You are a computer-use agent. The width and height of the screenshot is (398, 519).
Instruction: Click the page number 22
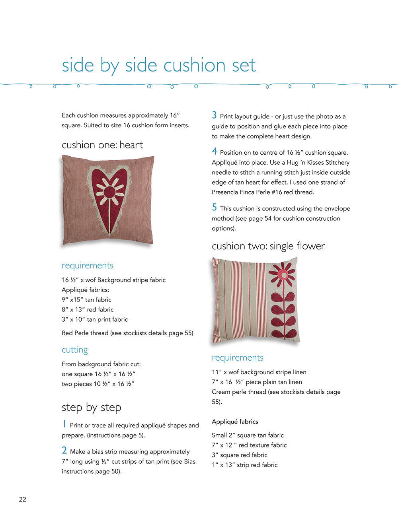click(23, 500)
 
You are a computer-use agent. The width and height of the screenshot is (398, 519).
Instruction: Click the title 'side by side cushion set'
click(158, 66)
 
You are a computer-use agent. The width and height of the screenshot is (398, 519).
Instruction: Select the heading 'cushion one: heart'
click(102, 145)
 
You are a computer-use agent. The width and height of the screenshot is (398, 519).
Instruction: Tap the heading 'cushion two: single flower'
click(268, 246)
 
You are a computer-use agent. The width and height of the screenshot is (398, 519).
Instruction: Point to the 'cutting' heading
click(75, 350)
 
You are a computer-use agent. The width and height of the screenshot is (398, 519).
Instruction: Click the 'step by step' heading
click(92, 408)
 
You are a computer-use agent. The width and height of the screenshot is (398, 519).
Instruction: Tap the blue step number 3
click(215, 115)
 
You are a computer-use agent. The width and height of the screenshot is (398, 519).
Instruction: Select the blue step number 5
click(215, 208)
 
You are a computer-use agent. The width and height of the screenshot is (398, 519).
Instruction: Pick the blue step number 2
click(64, 451)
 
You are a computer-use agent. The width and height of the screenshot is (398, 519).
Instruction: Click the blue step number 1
click(64, 424)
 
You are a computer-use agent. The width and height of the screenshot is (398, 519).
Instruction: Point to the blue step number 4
click(215, 152)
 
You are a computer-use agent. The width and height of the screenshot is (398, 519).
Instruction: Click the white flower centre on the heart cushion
click(109, 192)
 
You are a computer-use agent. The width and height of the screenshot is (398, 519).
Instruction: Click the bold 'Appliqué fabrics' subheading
click(235, 422)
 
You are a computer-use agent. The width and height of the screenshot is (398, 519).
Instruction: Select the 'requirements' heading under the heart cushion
click(88, 266)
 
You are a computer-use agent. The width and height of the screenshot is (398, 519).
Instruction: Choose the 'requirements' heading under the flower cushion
click(238, 358)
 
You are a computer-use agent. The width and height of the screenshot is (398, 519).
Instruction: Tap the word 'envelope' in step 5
click(337, 208)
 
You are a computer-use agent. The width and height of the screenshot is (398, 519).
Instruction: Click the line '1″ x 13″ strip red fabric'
click(245, 465)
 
